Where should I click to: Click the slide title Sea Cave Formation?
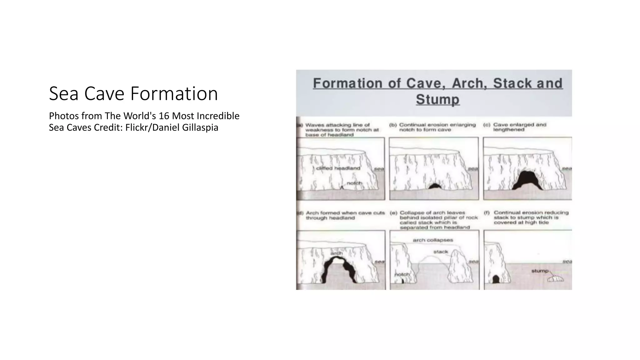point(133,93)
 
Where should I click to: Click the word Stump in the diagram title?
point(437,99)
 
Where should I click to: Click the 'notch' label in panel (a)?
point(354,183)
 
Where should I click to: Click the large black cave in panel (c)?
point(527,180)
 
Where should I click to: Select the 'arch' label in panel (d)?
point(337,253)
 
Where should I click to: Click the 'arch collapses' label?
point(433,240)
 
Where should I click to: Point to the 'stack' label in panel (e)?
point(441,252)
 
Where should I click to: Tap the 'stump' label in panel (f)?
point(540,271)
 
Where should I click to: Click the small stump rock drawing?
point(556,278)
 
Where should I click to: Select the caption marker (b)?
point(393,125)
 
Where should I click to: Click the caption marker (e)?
point(393,213)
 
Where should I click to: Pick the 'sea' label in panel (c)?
point(567,168)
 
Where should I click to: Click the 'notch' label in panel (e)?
point(402,274)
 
